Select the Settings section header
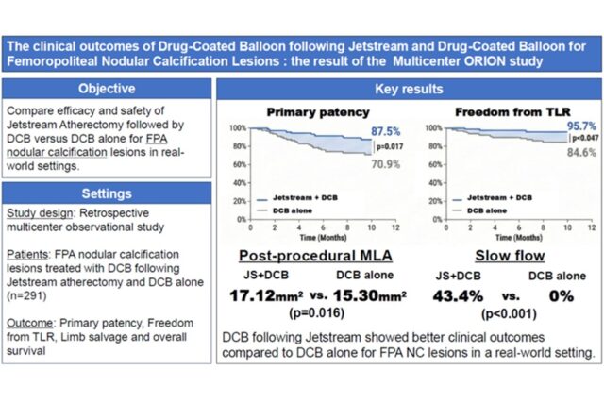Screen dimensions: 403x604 coord(106,193)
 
